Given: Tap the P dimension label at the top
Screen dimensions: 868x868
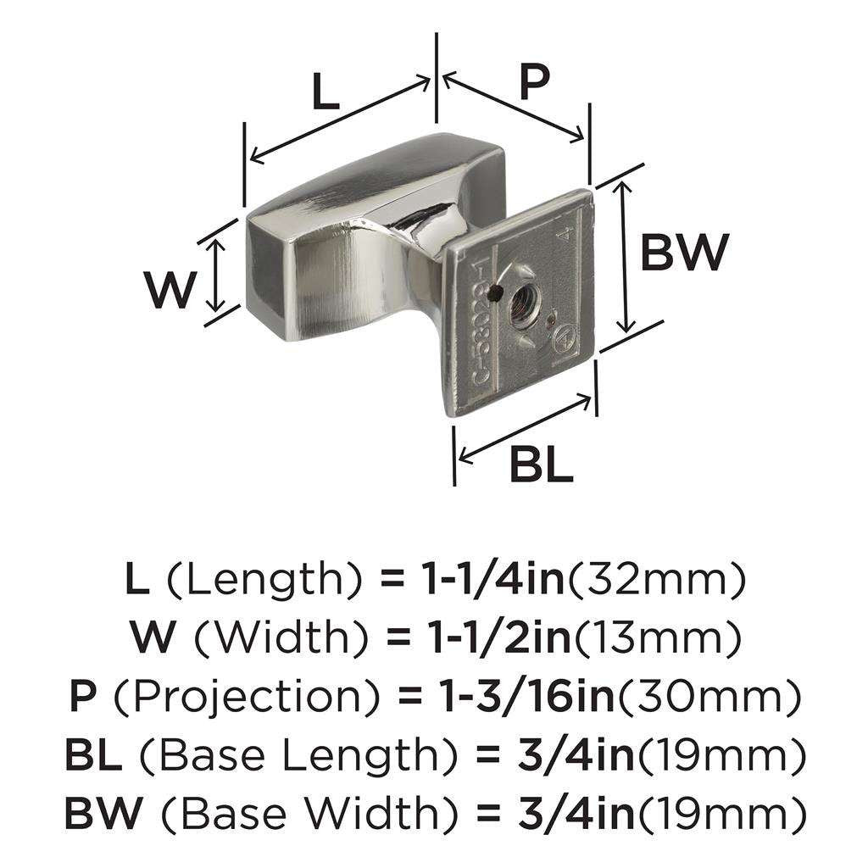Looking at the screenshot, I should pos(534,83).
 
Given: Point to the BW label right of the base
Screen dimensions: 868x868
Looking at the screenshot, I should pos(684,253).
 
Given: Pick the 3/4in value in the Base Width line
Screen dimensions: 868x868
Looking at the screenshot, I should pos(573,813).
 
